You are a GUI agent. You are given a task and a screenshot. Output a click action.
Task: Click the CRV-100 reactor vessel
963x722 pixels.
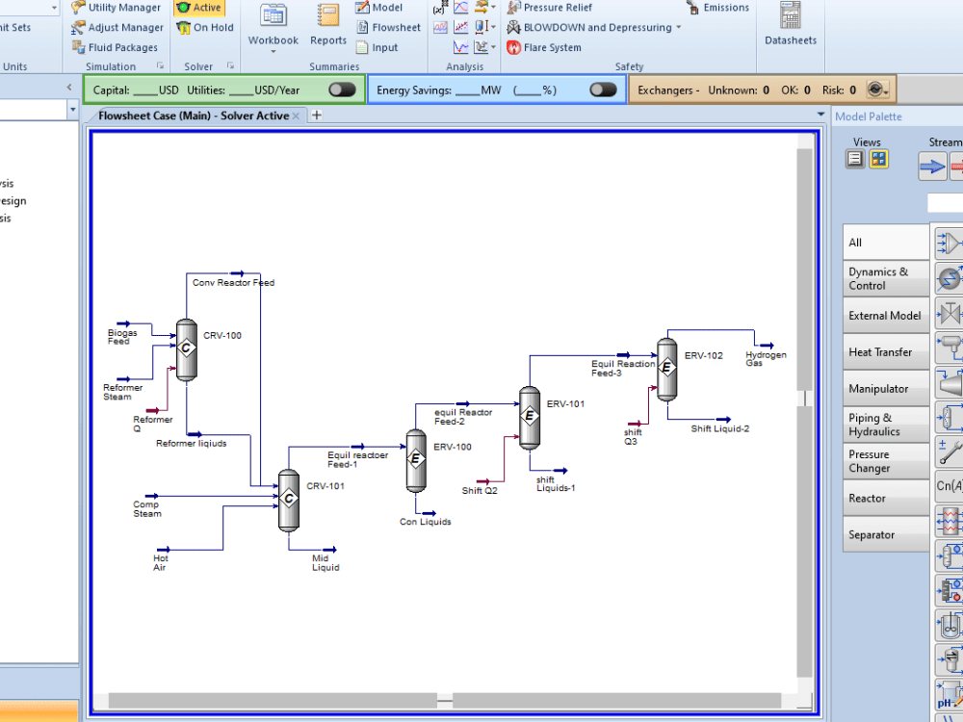point(187,348)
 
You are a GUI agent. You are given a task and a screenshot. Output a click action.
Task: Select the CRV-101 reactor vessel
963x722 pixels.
point(288,500)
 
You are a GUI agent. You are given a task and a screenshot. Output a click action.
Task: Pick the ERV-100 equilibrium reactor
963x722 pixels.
point(416,459)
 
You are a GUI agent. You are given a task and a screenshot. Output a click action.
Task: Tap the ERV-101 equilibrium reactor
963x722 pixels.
point(530,417)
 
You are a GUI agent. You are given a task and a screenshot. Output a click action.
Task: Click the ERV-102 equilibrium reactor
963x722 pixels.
point(666,368)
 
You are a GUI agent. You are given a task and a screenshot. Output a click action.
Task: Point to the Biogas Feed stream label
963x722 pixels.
point(122,337)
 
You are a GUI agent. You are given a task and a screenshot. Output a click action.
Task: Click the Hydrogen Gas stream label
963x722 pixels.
point(766,359)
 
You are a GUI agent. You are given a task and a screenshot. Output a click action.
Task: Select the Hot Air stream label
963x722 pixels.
point(161,563)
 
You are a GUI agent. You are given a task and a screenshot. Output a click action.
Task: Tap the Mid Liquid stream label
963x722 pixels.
point(325,563)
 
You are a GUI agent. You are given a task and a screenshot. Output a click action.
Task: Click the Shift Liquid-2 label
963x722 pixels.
point(719,428)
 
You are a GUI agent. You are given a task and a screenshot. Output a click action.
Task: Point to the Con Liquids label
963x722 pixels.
point(426,522)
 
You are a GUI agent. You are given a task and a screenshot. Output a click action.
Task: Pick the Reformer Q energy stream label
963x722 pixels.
point(153,424)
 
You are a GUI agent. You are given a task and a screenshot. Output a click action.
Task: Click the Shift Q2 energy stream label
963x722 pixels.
point(480,490)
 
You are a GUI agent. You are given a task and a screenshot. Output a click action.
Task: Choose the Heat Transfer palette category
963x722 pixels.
point(880,352)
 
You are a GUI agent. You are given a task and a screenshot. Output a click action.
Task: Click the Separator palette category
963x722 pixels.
point(872,535)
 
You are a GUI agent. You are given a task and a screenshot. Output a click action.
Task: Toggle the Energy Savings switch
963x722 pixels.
point(603,90)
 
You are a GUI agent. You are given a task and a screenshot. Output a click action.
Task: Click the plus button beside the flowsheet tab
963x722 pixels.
point(316,116)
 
